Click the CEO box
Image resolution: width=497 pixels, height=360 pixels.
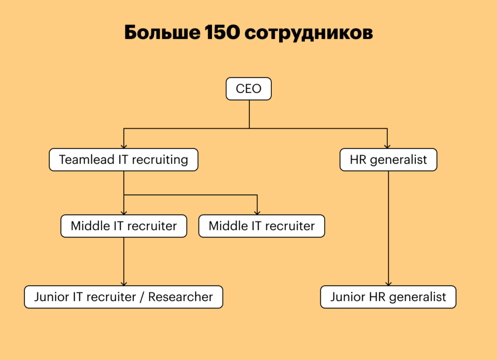[248, 89]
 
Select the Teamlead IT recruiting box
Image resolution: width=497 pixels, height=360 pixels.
[123, 160]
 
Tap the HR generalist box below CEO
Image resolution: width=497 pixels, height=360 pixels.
[388, 160]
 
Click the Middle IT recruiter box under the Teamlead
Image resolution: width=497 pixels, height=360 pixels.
[124, 226]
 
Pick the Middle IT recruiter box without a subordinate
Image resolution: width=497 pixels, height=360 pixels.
[262, 226]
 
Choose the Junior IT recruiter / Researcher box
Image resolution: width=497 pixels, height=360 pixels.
[123, 297]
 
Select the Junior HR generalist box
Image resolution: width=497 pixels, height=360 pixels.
[388, 297]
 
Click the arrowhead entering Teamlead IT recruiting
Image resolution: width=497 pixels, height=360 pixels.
[124, 146]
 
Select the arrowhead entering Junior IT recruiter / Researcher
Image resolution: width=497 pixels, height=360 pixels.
[124, 283]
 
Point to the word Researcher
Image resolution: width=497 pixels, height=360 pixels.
[181, 297]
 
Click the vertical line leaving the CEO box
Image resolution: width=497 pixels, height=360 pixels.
[249, 114]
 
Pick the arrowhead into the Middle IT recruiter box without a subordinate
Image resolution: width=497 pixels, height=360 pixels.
[257, 212]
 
